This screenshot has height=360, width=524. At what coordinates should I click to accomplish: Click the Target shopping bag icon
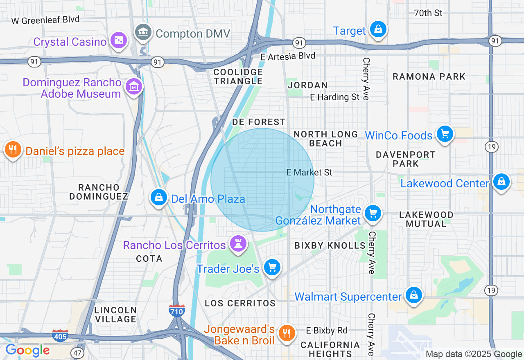(378, 29)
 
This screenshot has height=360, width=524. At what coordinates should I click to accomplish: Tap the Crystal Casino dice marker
(118, 40)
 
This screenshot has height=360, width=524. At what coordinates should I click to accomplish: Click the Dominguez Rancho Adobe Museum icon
(134, 87)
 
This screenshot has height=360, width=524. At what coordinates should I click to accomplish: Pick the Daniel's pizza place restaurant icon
(13, 150)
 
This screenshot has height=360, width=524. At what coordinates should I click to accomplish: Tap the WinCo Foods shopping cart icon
(445, 134)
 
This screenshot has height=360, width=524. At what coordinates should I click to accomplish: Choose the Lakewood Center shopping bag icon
(501, 182)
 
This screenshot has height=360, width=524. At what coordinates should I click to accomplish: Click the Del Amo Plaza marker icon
(159, 197)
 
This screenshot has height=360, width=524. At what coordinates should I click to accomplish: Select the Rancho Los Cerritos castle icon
(238, 244)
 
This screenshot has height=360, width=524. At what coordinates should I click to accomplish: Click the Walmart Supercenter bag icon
(414, 295)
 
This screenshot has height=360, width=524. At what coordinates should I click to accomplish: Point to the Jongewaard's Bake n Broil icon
(287, 333)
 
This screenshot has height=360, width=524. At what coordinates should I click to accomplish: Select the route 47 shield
(77, 352)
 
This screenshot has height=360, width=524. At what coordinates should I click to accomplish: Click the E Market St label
(309, 173)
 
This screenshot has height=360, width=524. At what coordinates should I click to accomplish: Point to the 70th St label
(428, 13)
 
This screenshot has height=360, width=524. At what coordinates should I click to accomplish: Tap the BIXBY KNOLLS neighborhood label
(330, 245)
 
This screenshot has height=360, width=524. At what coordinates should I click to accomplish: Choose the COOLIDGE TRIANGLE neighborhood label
(238, 76)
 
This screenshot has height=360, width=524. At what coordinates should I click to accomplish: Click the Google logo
(27, 350)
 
